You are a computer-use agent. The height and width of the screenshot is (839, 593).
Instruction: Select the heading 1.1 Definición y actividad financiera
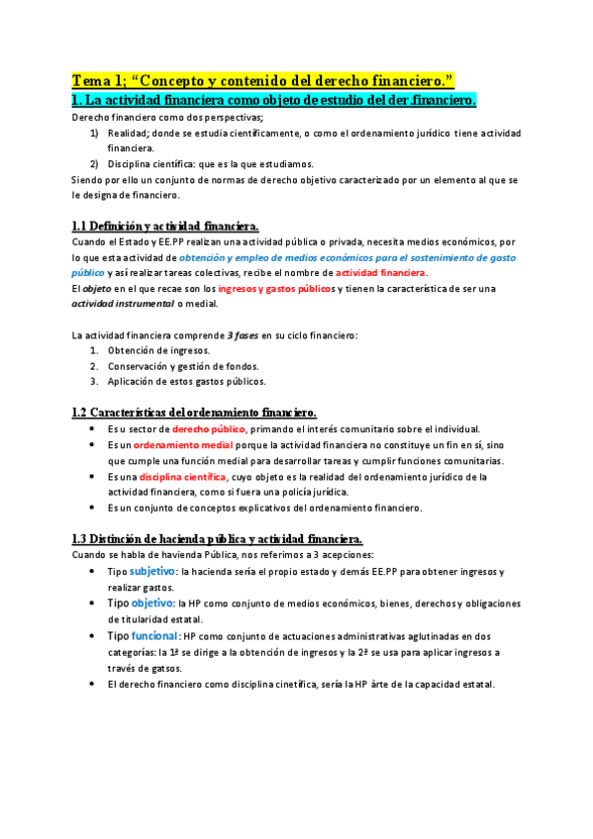point(166,226)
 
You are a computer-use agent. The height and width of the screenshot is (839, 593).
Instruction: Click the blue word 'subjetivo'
point(152,572)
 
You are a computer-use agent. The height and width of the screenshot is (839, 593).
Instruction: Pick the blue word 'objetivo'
point(151,604)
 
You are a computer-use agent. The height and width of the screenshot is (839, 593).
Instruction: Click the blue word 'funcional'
point(154,635)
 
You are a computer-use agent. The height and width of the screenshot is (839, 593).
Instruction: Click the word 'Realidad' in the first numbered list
point(129,132)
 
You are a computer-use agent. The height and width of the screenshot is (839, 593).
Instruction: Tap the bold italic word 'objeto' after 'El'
point(97,288)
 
